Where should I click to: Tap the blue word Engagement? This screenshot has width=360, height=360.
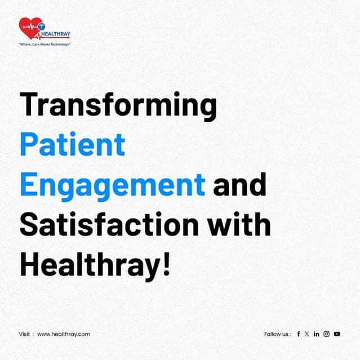tap(112, 184)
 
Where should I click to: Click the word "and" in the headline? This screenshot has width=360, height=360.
tap(239, 184)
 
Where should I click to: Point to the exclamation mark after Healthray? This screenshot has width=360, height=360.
tap(166, 264)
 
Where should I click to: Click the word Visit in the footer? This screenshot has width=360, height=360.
tap(24, 334)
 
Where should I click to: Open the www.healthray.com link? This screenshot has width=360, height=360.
tap(64, 334)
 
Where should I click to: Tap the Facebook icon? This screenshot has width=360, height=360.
tap(299, 334)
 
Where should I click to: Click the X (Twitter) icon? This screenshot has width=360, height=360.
tap(307, 334)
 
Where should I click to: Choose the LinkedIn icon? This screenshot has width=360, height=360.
tap(317, 334)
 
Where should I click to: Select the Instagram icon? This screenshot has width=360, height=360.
tap(326, 334)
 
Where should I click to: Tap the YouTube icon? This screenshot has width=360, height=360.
tap(337, 334)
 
